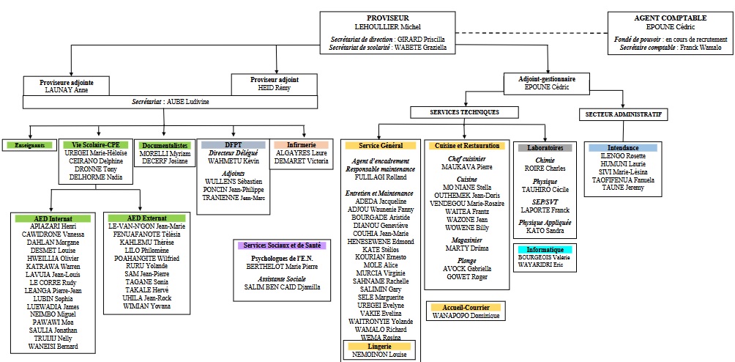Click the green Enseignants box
(x=29, y=145)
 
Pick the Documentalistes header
(x=164, y=145)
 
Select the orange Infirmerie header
(x=302, y=144)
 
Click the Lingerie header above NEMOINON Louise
(x=381, y=345)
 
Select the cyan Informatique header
(x=545, y=249)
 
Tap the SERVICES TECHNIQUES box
(x=465, y=112)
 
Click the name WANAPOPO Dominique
(x=465, y=315)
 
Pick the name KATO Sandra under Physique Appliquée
(x=545, y=230)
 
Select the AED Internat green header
(x=51, y=218)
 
